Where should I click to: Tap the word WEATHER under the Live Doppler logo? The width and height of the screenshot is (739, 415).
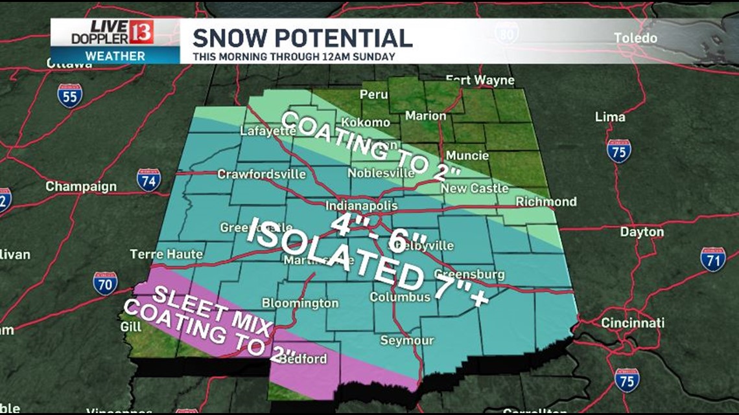(x=115, y=56)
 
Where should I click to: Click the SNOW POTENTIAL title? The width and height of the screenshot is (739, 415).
(x=302, y=38)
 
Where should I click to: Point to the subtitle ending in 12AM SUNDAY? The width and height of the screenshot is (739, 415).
(x=294, y=56)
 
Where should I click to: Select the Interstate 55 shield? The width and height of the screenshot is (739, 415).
(x=69, y=95)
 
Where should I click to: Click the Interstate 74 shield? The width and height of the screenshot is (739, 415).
(x=148, y=179)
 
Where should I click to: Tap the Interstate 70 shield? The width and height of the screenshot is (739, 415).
(x=105, y=283)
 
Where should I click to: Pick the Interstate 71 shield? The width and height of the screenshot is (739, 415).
(x=712, y=258)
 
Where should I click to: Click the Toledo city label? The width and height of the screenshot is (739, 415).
(x=635, y=38)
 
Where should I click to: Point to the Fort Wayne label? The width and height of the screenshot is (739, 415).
(x=480, y=80)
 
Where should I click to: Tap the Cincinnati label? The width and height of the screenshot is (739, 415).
(x=632, y=322)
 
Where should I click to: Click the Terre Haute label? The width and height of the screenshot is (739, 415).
(x=166, y=254)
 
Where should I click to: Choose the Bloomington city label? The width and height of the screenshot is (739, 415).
(x=299, y=303)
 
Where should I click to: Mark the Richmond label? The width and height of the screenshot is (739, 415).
(x=545, y=201)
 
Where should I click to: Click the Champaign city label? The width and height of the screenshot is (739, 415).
(x=81, y=186)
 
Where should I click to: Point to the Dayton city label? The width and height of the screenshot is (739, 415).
(x=641, y=232)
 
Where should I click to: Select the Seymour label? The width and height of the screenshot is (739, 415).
(x=406, y=341)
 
